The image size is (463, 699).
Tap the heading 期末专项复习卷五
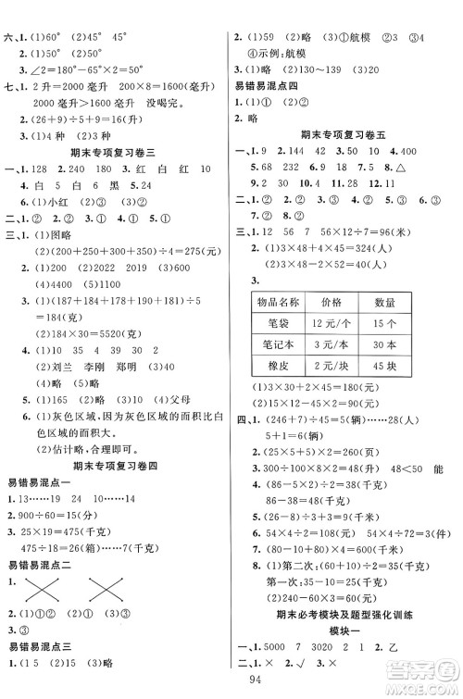click(x=345, y=131)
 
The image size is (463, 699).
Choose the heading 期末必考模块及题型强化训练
click(x=345, y=615)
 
